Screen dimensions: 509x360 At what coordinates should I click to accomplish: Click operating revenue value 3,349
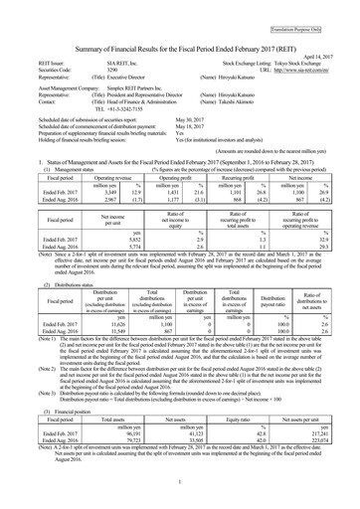pos(88,210)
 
